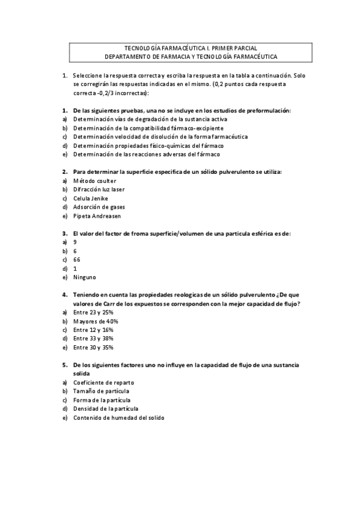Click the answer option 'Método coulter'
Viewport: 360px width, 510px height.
tap(94, 180)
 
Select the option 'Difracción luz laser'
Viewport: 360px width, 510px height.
tap(99, 189)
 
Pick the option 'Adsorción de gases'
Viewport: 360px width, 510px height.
tap(99, 207)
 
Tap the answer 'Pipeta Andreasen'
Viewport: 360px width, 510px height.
tap(96, 216)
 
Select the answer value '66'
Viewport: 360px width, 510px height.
tap(77, 259)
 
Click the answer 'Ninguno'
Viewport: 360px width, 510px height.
tap(85, 277)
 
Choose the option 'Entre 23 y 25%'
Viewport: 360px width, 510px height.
tap(93, 313)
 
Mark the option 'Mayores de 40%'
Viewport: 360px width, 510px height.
tap(95, 321)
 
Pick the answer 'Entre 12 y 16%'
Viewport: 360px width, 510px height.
tap(93, 330)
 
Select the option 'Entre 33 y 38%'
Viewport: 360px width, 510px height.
tap(93, 339)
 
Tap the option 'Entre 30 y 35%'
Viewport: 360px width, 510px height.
tap(93, 348)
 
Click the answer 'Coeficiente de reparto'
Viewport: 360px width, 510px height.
tap(103, 382)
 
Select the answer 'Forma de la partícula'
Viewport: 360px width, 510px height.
tap(102, 400)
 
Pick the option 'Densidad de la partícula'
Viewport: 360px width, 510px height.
tap(105, 408)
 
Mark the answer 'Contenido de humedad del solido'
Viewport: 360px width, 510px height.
tap(118, 417)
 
